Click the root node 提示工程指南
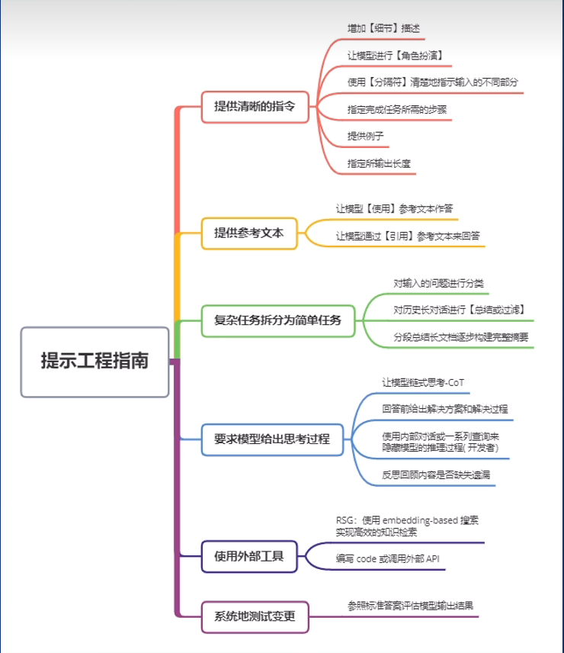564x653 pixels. tap(95, 362)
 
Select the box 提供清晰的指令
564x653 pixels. tap(255, 107)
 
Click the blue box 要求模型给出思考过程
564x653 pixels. tap(271, 440)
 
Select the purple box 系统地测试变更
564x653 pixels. tap(255, 616)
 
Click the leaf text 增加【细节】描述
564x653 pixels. tap(383, 28)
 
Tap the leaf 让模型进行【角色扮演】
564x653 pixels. tap(395, 55)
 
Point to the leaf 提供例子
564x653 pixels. tap(365, 135)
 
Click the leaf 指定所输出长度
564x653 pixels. tap(380, 163)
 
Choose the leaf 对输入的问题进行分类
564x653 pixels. tap(438, 283)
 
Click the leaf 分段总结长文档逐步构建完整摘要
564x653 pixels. tap(460, 336)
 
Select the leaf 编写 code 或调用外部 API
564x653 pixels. tap(387, 559)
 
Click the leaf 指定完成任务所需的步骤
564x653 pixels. tap(396, 109)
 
